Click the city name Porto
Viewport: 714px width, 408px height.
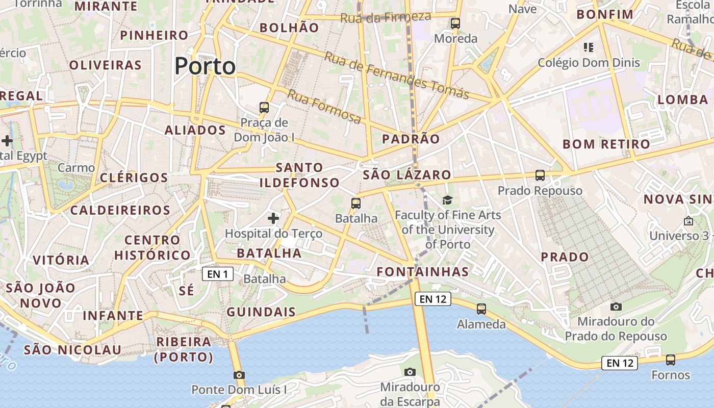pos(205,66)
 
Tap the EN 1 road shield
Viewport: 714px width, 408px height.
pos(218,274)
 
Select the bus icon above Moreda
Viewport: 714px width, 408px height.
pos(455,23)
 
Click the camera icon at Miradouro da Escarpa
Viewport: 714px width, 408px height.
pos(410,372)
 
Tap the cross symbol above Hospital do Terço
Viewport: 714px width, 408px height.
pos(273,218)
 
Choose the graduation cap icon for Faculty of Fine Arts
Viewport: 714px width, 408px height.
pos(447,200)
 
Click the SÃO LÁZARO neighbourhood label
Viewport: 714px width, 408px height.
pos(406,175)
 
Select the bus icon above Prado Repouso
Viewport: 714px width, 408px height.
pos(540,175)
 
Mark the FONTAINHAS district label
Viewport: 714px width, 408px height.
pos(423,271)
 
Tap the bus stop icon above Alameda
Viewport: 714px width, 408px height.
pos(481,309)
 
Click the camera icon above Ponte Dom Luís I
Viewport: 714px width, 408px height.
pos(239,375)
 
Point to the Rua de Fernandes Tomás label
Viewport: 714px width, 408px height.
pos(396,75)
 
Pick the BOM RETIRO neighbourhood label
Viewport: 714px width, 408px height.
pos(606,144)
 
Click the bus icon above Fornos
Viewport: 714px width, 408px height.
pos(671,360)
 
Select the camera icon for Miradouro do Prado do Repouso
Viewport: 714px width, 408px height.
pos(616,307)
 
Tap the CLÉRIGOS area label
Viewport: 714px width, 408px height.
pos(134,177)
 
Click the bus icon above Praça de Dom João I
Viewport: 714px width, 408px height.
pos(264,107)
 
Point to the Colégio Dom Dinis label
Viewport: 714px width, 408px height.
pos(589,63)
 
